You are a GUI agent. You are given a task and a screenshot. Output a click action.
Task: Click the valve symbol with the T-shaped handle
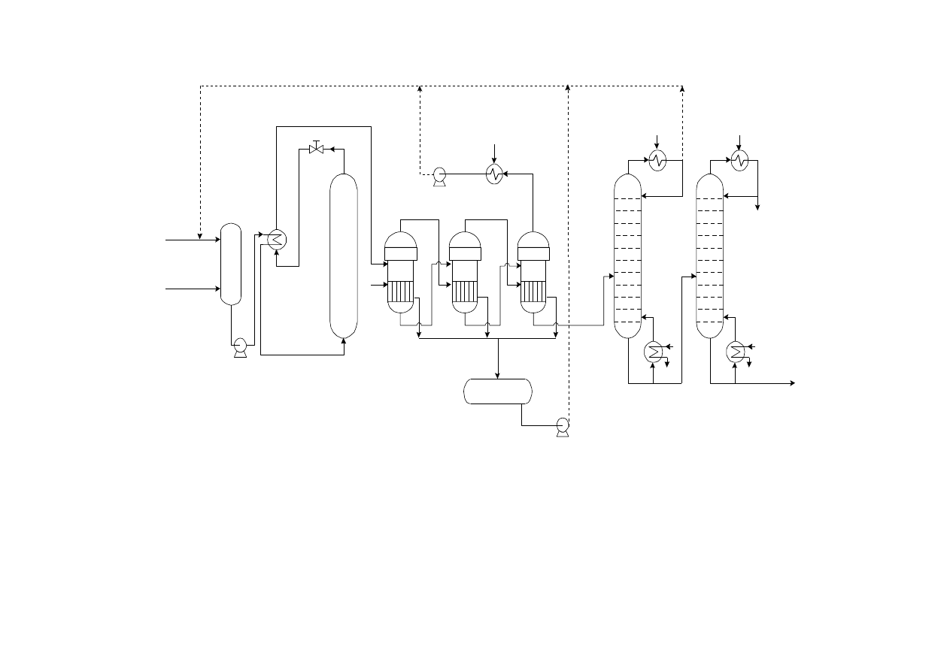tap(316, 149)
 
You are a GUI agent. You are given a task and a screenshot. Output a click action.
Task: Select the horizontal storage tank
tap(497, 391)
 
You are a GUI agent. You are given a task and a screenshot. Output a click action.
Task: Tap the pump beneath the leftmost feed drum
tap(240, 346)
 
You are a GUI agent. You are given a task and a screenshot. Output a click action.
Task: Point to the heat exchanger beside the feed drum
tap(277, 239)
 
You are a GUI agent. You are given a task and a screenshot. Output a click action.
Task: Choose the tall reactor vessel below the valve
tap(344, 255)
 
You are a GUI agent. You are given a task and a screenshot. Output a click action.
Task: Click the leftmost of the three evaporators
tap(400, 272)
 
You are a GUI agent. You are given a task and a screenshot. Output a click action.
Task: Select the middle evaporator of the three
tap(465, 272)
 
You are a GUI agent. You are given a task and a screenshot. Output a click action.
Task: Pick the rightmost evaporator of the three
tap(533, 272)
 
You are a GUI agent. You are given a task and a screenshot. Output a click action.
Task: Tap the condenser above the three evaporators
tap(494, 174)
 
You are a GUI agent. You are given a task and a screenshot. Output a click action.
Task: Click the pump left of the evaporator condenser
tap(439, 176)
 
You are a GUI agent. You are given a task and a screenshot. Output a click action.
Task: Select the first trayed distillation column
tap(627, 255)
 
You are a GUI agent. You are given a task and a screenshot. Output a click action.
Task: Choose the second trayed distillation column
tap(709, 255)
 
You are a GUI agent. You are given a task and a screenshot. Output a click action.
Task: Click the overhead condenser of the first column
tap(657, 160)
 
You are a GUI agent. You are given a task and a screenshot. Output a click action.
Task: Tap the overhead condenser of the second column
tap(739, 160)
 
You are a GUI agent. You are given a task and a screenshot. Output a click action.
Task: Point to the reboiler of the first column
tap(653, 351)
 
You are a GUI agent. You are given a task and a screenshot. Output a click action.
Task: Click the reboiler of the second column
tap(735, 351)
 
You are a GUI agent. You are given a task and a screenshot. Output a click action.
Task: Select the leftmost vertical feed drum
tap(231, 264)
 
